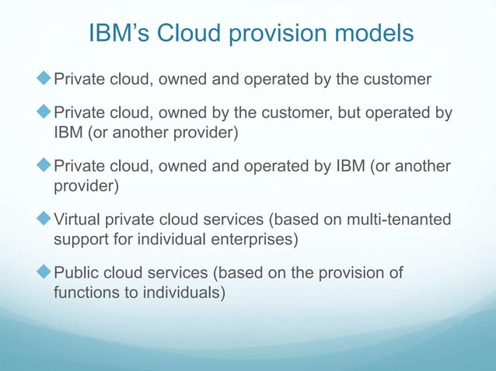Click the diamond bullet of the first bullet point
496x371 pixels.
[44, 78]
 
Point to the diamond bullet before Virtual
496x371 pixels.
[44, 220]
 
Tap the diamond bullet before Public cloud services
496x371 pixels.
[44, 273]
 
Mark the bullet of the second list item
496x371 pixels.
[44, 113]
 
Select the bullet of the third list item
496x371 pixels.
[44, 167]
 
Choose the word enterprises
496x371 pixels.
[250, 239]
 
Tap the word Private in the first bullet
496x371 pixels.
[79, 79]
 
